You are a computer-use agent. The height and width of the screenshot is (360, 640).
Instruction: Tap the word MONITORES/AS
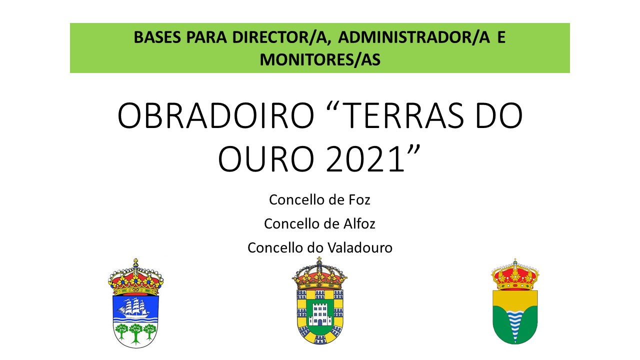pyautogui.click(x=320, y=60)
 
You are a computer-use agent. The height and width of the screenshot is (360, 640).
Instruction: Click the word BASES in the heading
pyautogui.click(x=157, y=37)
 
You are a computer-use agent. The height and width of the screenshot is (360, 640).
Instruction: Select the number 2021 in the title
pyautogui.click(x=365, y=159)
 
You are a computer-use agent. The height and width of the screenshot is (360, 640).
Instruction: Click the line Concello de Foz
pyautogui.click(x=319, y=199)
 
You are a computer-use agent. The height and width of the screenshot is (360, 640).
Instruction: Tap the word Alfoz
pyautogui.click(x=359, y=223)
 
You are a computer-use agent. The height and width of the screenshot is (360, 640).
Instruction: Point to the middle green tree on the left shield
pyautogui.click(x=135, y=333)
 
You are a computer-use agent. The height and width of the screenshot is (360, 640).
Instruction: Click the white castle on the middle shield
pyautogui.click(x=319, y=313)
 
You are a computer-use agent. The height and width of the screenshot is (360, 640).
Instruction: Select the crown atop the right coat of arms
pyautogui.click(x=515, y=275)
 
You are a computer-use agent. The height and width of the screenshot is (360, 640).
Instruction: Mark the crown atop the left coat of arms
pyautogui.click(x=135, y=277)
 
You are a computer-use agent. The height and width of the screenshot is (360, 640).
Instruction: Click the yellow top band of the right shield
pyautogui.click(x=515, y=299)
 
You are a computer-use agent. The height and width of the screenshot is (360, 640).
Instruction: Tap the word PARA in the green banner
pyautogui.click(x=206, y=37)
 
